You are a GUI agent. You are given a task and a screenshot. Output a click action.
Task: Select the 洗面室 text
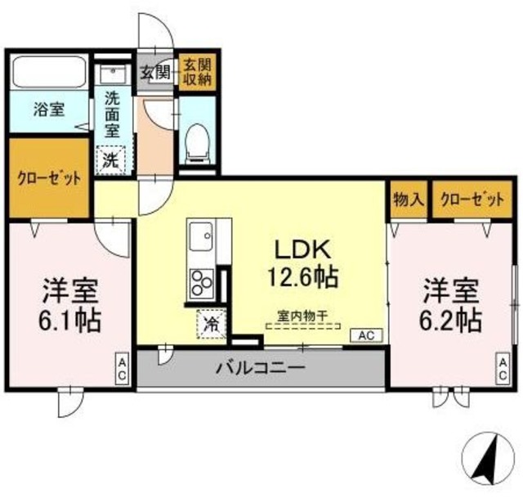(113, 114)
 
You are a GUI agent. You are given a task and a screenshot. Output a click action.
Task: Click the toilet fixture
(197, 141)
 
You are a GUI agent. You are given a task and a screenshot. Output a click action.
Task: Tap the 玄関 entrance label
(156, 72)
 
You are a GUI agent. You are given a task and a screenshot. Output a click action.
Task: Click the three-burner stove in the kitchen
(201, 283)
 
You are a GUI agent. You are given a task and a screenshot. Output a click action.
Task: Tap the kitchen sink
(200, 238)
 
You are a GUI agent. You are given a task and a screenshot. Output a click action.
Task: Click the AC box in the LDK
(365, 335)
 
